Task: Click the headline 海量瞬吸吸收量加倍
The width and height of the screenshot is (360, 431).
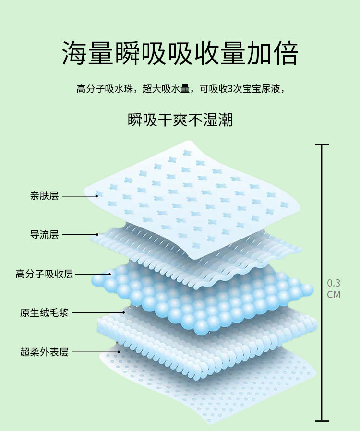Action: point(180,53)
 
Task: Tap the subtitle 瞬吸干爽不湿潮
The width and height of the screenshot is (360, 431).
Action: point(180,120)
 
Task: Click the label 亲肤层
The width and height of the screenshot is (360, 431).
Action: point(44,196)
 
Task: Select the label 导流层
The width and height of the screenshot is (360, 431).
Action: point(44,235)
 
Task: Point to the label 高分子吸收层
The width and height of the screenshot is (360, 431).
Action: point(44,274)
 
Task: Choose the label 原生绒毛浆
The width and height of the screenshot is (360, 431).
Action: point(44,313)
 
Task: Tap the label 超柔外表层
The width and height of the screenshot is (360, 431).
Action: point(44,352)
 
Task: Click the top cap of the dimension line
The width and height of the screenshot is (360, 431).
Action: point(322,144)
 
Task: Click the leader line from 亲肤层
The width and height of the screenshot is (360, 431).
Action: point(79,196)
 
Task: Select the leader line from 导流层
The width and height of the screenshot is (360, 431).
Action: point(79,235)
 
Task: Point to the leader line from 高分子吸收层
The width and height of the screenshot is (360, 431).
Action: point(93,275)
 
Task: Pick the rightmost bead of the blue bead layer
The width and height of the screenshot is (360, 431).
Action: point(307,289)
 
